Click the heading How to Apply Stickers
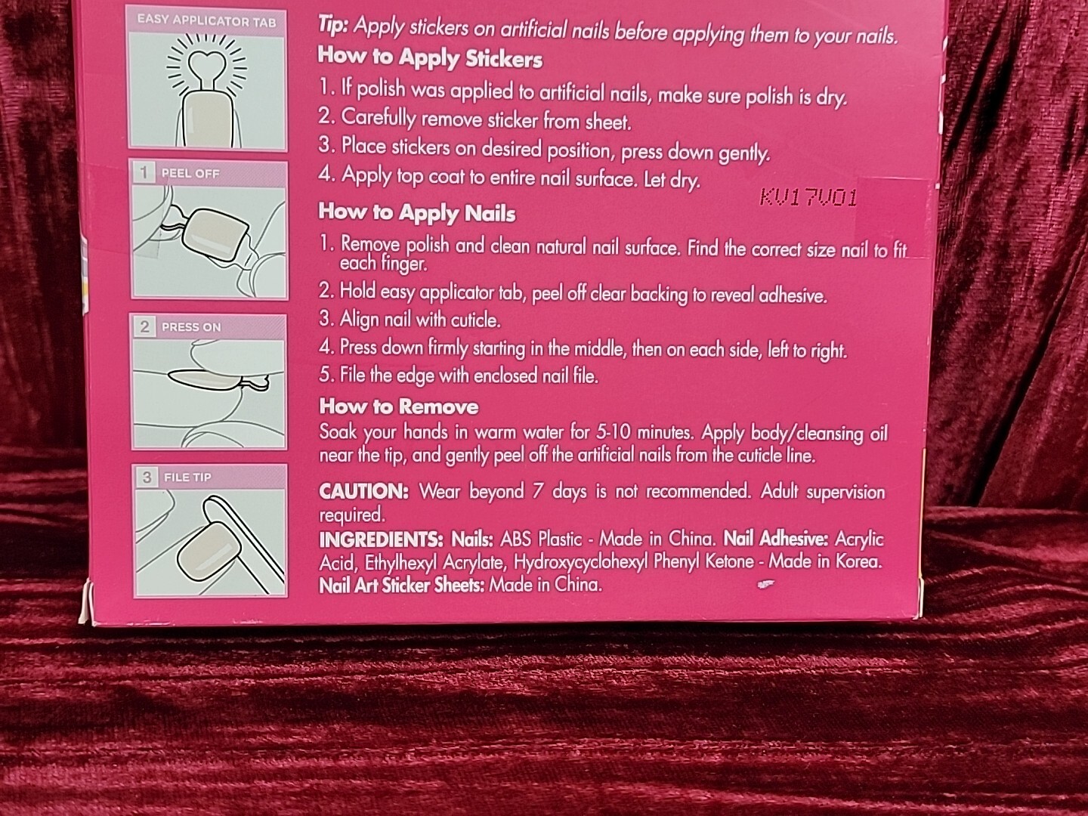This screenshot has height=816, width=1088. [x=430, y=57]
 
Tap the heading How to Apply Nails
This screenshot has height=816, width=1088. [x=417, y=212]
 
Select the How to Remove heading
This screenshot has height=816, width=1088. [x=399, y=406]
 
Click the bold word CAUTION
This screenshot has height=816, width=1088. [x=364, y=491]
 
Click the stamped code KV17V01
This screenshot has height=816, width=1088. [x=808, y=198]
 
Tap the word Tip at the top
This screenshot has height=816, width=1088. [x=332, y=25]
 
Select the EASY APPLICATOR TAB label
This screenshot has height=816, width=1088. [x=206, y=21]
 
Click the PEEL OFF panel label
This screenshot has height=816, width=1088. [x=190, y=174]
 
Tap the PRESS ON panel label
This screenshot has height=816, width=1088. [x=191, y=327]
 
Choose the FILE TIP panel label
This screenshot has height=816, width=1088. [x=187, y=477]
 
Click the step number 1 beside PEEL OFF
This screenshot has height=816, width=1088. [x=144, y=173]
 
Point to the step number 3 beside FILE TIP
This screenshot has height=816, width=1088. [x=147, y=477]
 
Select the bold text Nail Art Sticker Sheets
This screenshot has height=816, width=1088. [x=401, y=585]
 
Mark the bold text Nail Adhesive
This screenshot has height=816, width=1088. [x=776, y=539]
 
